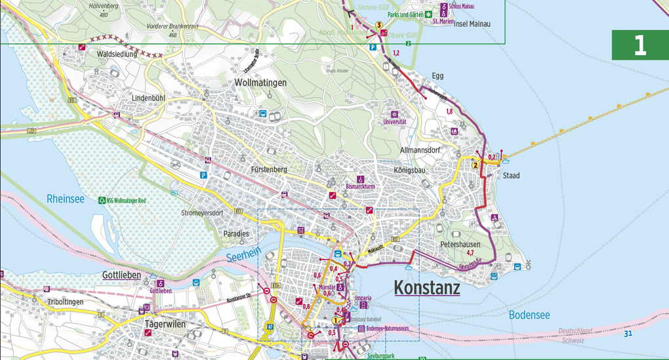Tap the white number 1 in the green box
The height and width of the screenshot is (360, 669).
click(x=639, y=45)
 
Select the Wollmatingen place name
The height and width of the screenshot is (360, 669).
click(x=261, y=83)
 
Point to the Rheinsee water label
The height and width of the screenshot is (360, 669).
click(x=66, y=199)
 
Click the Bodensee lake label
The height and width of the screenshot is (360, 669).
click(x=529, y=315)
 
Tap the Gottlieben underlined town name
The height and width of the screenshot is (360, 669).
click(x=121, y=275)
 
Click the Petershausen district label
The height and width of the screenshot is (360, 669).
click(x=460, y=244)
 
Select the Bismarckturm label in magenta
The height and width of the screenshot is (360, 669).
click(x=359, y=186)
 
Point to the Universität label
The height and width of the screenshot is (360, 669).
click(x=395, y=121)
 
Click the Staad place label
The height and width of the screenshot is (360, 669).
click(x=511, y=176)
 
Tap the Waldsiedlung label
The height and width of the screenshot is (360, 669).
click(x=117, y=54)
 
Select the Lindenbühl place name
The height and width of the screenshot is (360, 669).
click(x=148, y=98)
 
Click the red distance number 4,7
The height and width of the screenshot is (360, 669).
click(x=470, y=252)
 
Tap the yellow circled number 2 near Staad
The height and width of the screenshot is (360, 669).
click(x=475, y=165)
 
